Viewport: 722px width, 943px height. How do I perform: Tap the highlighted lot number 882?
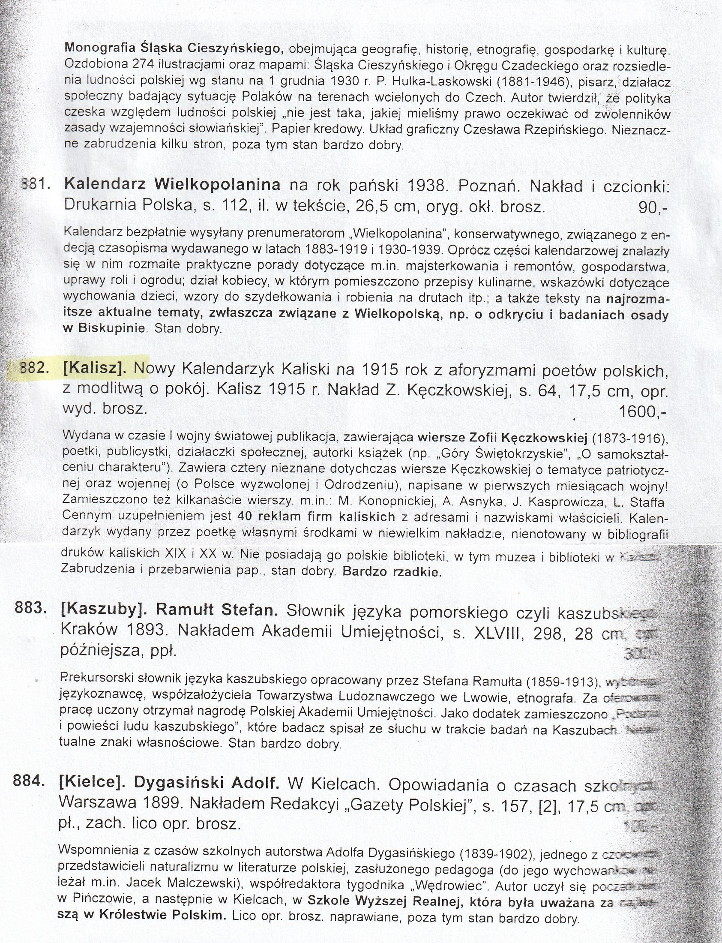pos(33,369)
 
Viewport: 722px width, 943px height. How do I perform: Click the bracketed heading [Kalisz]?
pos(95,369)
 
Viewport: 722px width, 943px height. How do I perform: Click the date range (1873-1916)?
pos(627,438)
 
